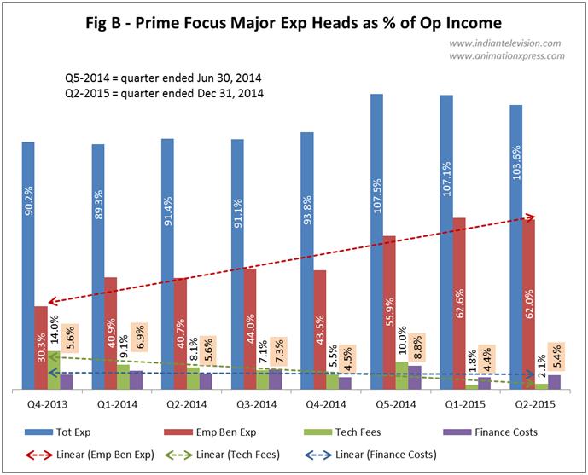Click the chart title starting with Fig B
(293, 19)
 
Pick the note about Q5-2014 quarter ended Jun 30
(163, 78)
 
